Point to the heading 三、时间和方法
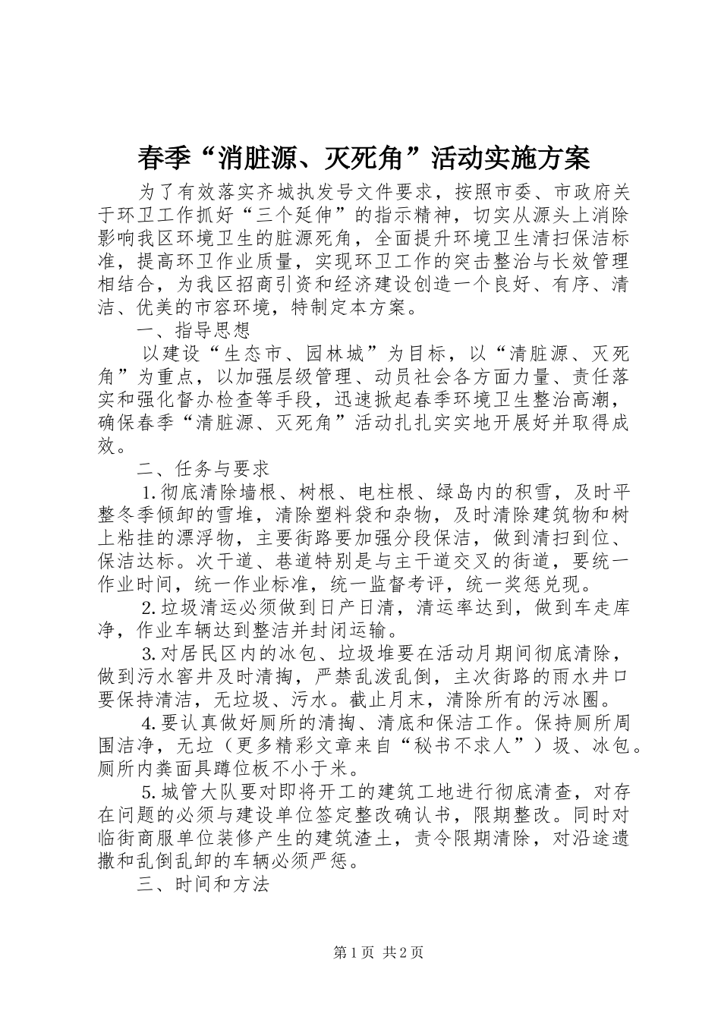pos(203,886)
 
